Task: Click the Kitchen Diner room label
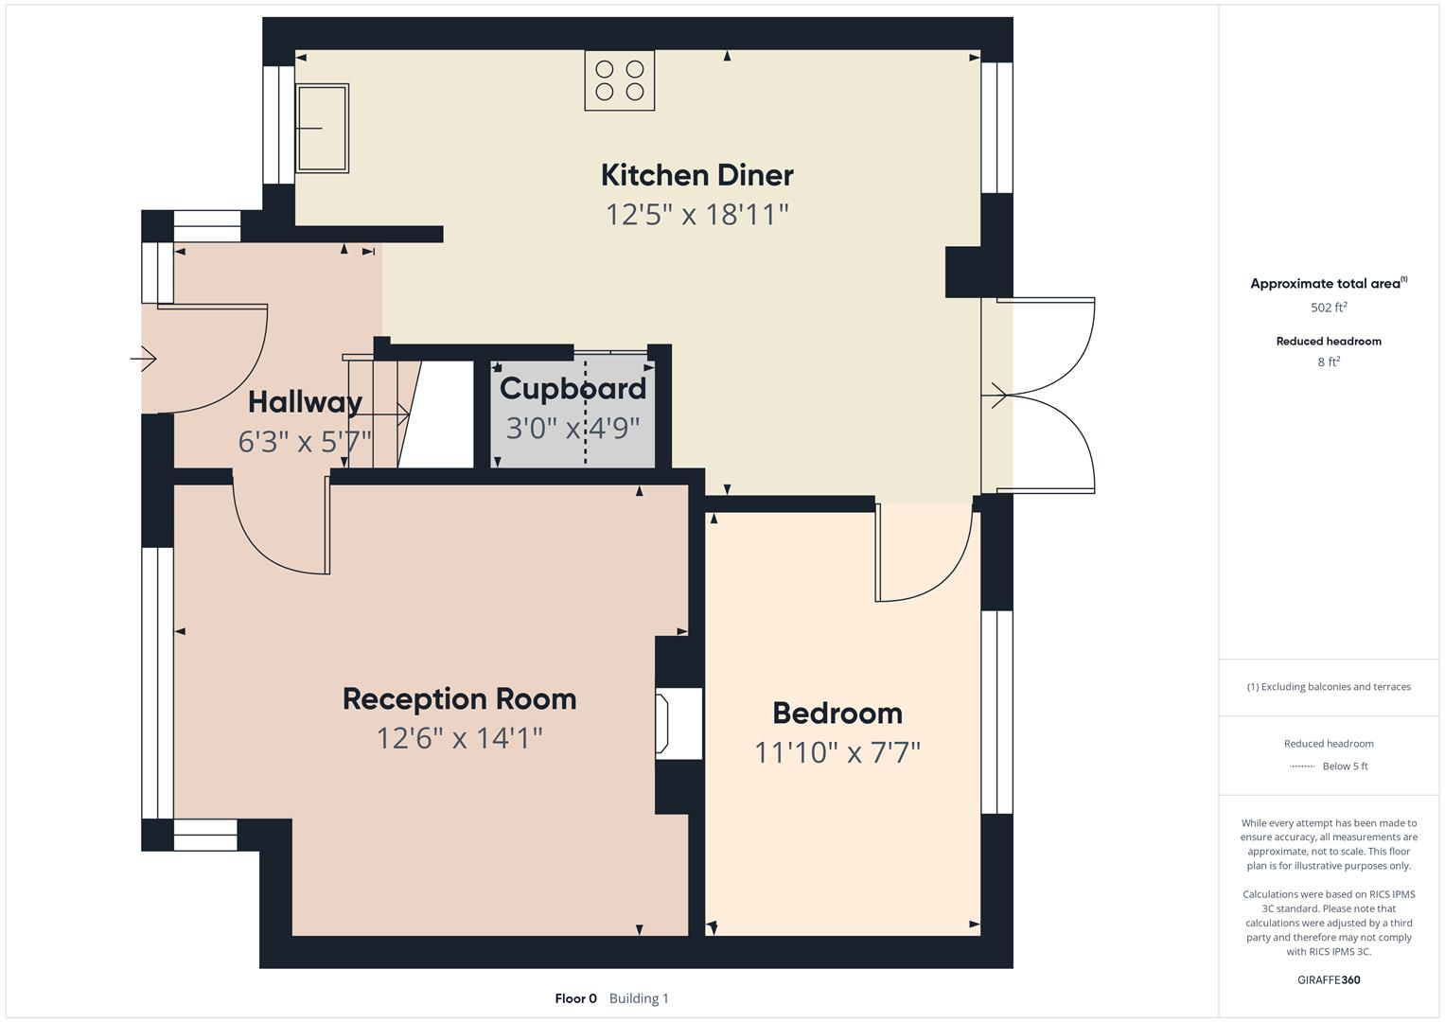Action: [696, 175]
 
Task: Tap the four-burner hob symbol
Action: [619, 80]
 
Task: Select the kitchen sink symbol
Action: [323, 128]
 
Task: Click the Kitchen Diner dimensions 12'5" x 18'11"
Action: [696, 215]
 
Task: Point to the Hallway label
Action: [305, 402]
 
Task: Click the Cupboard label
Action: [573, 388]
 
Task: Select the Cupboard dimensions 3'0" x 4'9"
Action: [573, 429]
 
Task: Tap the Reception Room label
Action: [459, 699]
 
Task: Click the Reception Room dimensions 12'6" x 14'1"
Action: [459, 738]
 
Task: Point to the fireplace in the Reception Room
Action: [677, 724]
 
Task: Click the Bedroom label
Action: [837, 714]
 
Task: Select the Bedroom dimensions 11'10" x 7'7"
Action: [837, 752]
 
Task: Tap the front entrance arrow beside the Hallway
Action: [144, 359]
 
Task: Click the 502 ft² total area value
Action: [1329, 308]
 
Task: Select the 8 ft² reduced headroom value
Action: [1329, 361]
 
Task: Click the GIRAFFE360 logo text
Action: [1329, 979]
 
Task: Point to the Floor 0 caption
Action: [575, 998]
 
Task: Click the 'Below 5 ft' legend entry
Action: [1345, 766]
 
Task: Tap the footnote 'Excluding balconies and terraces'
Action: [1329, 687]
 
